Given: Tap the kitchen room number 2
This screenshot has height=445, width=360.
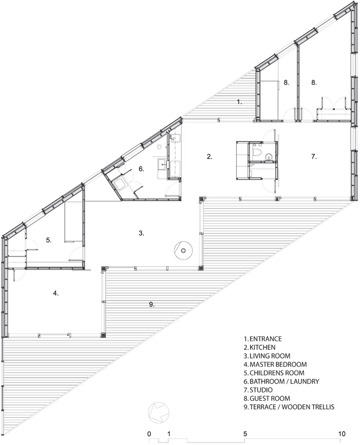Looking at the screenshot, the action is click(210, 156).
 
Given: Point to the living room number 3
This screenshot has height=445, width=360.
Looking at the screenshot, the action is click(141, 233).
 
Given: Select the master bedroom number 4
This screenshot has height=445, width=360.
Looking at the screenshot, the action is click(56, 293).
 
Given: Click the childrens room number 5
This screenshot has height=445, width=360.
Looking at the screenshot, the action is click(49, 240).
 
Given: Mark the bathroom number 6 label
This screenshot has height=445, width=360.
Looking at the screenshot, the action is click(141, 169).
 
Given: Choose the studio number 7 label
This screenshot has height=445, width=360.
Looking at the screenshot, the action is click(314, 156).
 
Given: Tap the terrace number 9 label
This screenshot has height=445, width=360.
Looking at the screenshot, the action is click(152, 305).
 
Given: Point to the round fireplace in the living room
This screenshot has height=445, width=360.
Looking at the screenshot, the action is click(183, 251).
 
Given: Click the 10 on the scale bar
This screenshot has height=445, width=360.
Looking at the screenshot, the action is click(342, 434).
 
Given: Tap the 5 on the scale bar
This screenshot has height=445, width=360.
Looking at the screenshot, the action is click(245, 434).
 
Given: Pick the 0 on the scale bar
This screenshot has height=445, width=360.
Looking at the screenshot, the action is click(149, 434).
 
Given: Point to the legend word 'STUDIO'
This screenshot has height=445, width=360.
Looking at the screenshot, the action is click(261, 389).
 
